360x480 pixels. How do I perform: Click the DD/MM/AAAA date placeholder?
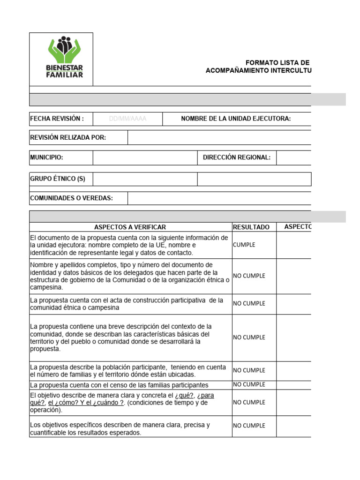[x=127, y=119]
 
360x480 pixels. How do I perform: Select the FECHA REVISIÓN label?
[x=57, y=119]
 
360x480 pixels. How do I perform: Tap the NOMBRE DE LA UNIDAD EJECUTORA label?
[x=236, y=119]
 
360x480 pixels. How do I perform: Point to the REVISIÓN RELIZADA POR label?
[x=68, y=137]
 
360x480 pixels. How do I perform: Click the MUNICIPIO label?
[x=46, y=157]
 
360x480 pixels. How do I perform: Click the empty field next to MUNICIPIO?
[x=145, y=157]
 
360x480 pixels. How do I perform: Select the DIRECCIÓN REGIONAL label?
[x=237, y=157]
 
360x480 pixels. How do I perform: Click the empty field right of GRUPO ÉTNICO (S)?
[x=145, y=179]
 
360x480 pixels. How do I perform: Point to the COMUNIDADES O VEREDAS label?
[x=71, y=198]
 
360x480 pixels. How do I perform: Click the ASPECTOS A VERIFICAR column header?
[x=130, y=227]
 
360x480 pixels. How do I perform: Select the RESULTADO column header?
[x=251, y=227]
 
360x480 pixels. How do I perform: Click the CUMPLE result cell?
[x=244, y=245]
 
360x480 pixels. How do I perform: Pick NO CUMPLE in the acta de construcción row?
[x=249, y=303]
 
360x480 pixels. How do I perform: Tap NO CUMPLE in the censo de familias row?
[x=249, y=384]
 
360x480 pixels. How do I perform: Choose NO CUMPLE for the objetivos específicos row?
[x=249, y=426]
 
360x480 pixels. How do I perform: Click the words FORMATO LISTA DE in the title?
[x=277, y=63]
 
